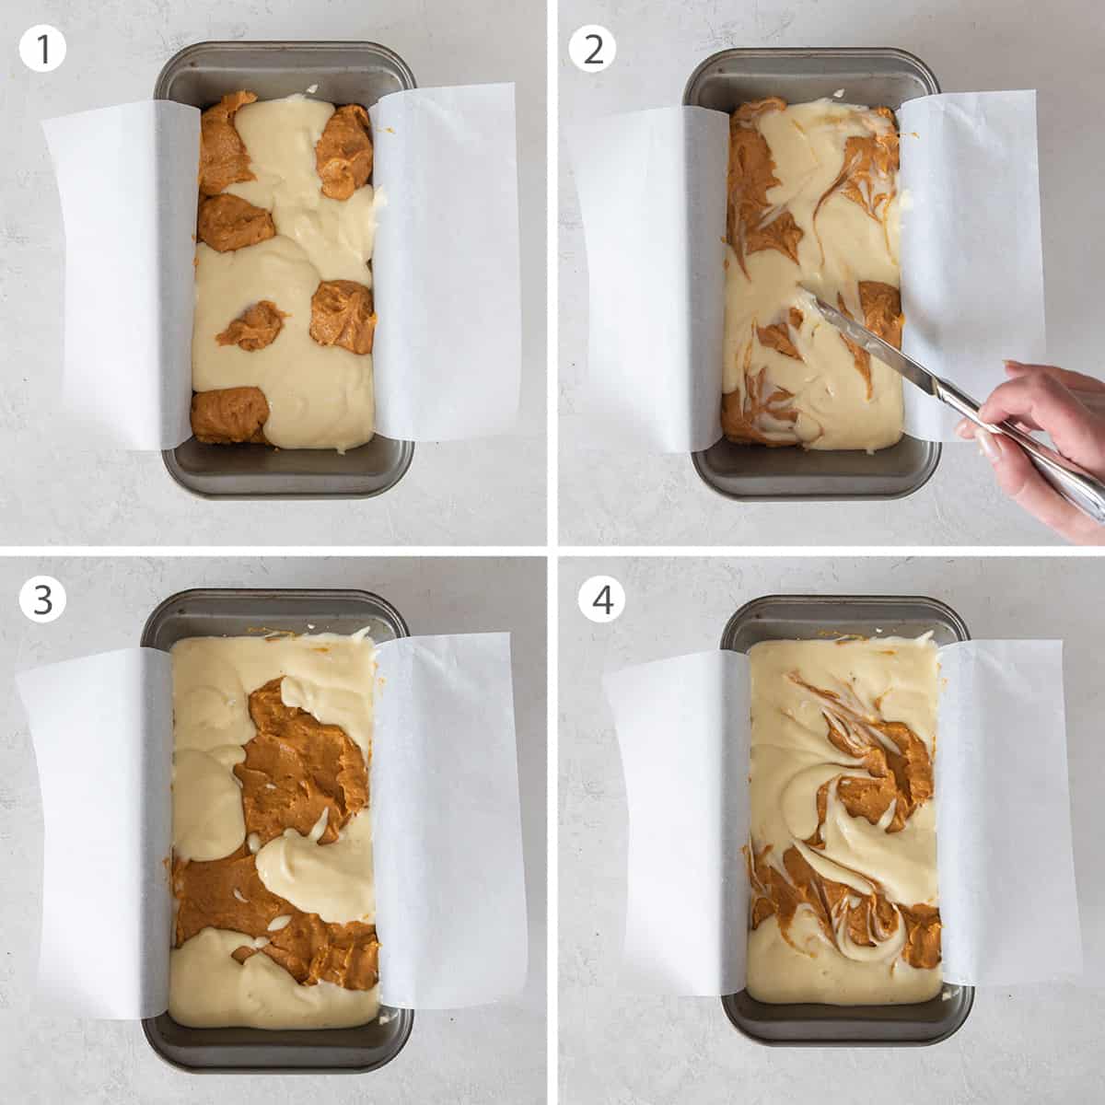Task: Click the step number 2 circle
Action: (x=592, y=49)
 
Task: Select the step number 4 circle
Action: (x=602, y=599)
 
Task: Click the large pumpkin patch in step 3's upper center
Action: (x=295, y=755)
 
